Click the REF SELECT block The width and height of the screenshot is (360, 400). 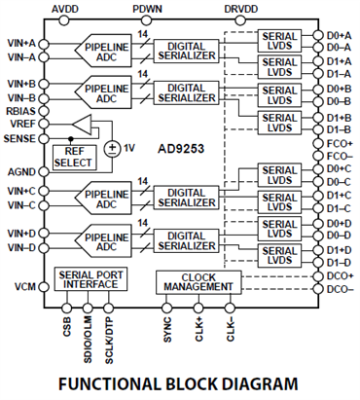pos(75,158)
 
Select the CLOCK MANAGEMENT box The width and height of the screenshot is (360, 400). pos(198,282)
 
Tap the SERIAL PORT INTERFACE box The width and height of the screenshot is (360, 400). pos(90,279)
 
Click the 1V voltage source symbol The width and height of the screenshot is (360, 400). pos(112,149)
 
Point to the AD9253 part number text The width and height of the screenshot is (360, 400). pos(181,149)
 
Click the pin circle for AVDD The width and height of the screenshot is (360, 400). pos(64,20)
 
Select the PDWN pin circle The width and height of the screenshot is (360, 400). pos(146,20)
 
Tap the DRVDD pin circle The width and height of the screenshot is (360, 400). pos(240,20)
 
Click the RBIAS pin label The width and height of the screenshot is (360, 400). pos(20,111)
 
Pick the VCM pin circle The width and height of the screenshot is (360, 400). pos(44,287)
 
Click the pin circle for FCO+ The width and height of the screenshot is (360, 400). pos(318,143)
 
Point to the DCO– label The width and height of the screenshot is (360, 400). pos(340,289)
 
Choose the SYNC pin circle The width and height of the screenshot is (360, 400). pos(166,308)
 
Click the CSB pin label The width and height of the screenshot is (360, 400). pos(67,327)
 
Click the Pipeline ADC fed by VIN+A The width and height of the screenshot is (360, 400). pos(103,51)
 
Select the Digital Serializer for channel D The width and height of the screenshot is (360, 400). pos(186,240)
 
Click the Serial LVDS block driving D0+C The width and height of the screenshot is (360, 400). pos(279,175)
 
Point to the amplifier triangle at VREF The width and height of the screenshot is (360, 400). pos(82,125)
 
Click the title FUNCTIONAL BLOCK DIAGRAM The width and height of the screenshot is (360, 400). pos(178,383)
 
